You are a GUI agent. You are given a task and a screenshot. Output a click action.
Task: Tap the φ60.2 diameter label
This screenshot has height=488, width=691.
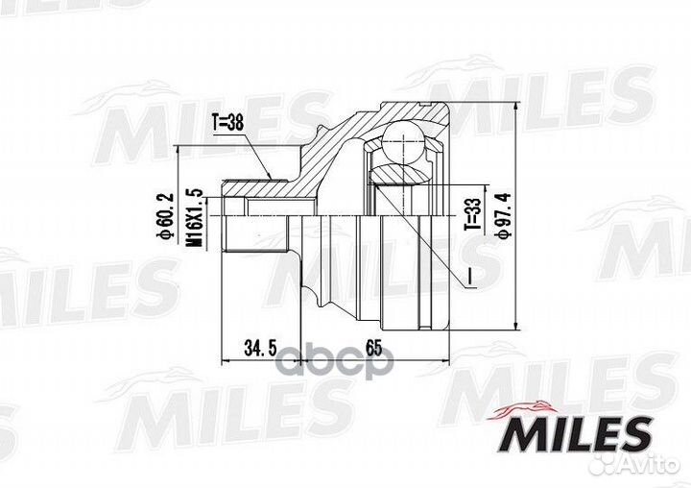point(164,218)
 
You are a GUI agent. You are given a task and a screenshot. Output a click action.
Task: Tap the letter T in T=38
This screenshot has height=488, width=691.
point(215,122)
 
